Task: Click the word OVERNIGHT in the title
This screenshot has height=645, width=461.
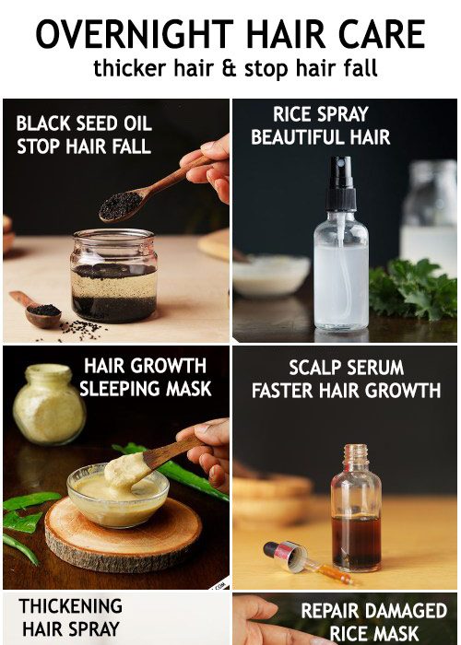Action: click(x=135, y=34)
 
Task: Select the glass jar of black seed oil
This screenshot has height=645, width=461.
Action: click(x=113, y=276)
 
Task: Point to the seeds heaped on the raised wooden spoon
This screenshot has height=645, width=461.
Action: click(x=120, y=205)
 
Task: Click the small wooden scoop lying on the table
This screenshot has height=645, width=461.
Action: click(x=36, y=310)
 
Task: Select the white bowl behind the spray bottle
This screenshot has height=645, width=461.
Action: click(x=271, y=276)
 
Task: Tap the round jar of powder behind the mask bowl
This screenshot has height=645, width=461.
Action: click(x=49, y=405)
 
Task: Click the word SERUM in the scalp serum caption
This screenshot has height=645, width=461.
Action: click(x=376, y=368)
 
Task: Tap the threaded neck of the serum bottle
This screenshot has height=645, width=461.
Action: click(x=356, y=455)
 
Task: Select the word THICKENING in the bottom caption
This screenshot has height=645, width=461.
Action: click(x=70, y=606)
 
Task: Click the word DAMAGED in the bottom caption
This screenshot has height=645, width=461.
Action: click(x=406, y=611)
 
